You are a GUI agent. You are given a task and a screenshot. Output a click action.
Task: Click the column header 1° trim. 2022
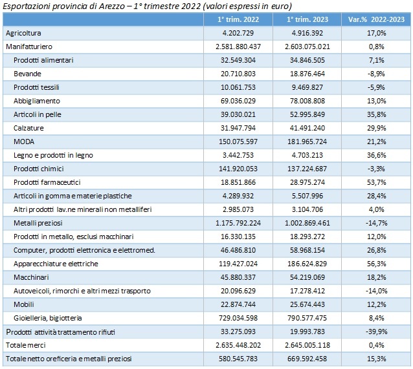(238, 19)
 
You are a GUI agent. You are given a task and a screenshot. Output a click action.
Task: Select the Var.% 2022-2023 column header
(376, 19)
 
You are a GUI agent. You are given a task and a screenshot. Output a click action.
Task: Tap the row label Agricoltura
(23, 33)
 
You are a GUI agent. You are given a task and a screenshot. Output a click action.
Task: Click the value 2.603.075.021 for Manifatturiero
(307, 47)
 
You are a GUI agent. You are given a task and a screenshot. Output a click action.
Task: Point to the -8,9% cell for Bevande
(376, 74)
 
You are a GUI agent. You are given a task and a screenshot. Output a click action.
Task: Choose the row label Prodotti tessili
(36, 87)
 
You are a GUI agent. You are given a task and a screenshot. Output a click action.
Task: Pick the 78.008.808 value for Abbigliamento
(307, 101)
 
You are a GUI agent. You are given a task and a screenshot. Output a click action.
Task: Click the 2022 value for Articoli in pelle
(238, 114)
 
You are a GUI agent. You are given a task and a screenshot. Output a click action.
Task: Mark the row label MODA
(24, 142)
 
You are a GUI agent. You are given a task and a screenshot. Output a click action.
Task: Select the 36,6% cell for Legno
(376, 155)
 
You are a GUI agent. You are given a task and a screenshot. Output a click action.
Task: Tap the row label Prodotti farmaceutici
(47, 182)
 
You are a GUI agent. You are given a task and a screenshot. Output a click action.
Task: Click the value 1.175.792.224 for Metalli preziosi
(238, 223)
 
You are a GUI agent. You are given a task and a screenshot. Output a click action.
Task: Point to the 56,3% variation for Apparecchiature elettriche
(376, 264)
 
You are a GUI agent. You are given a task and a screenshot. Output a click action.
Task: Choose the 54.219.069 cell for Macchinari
(307, 277)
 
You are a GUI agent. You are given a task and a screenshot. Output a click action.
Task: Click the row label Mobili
(24, 304)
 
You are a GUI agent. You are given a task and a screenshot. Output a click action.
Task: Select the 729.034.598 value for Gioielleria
(238, 318)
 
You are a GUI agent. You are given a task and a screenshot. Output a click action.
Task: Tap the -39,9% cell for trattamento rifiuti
(376, 332)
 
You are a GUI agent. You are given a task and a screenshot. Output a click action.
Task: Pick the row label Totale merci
(26, 345)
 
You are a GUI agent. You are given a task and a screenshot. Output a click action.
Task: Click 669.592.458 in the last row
(307, 359)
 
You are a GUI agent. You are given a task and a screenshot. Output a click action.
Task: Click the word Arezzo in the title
(112, 6)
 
